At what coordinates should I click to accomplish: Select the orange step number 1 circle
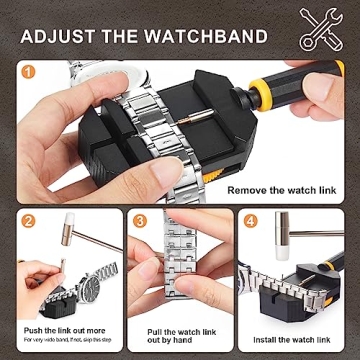tap(29, 73)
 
